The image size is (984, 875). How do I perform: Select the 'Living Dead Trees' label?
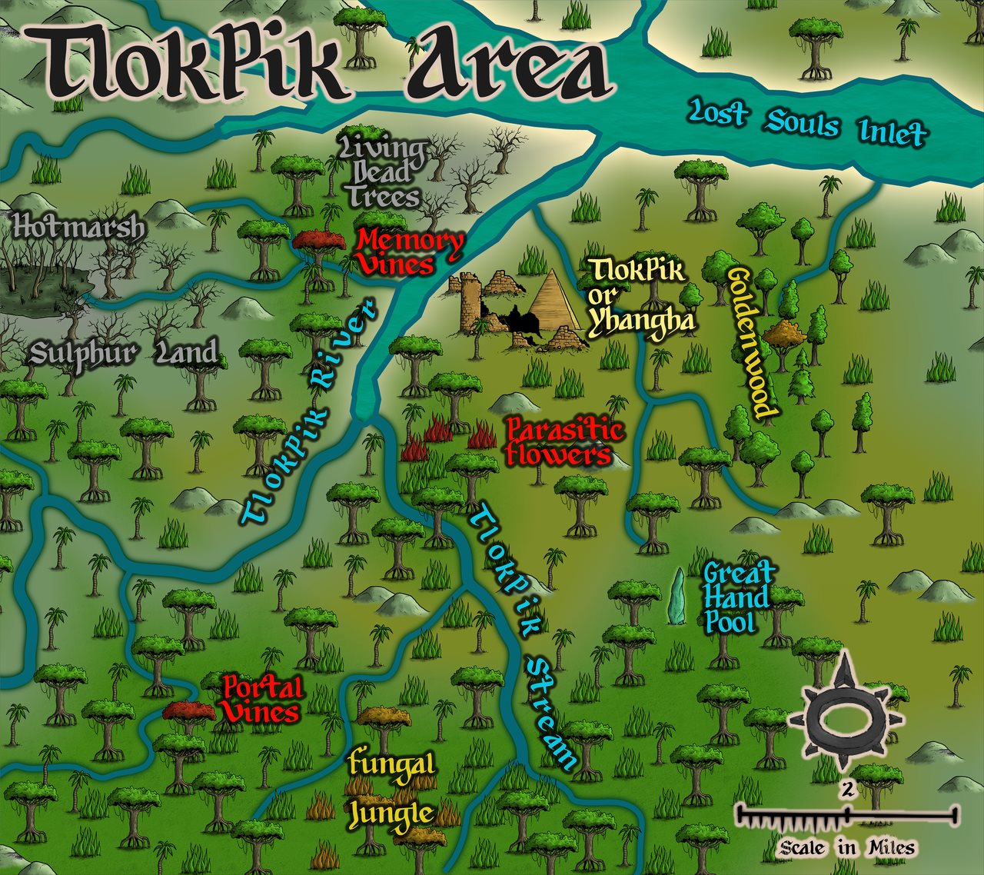[383, 172]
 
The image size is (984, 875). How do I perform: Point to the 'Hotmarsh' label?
[78, 228]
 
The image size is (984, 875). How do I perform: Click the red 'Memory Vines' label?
[410, 251]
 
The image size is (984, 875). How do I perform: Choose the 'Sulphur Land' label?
[123, 354]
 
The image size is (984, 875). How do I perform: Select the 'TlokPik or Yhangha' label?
[640, 296]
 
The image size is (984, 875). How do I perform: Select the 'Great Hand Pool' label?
[736, 597]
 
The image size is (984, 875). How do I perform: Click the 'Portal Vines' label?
[260, 698]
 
